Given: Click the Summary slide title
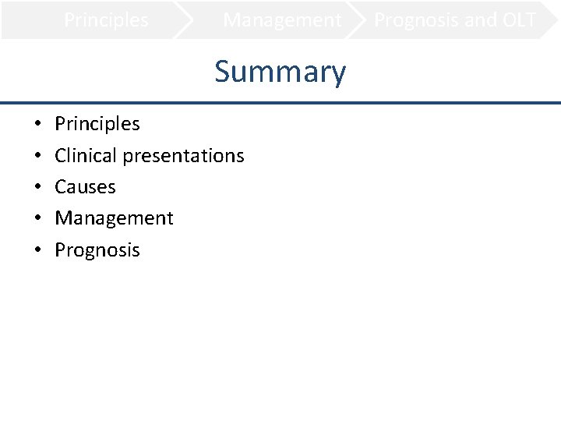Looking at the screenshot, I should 280,72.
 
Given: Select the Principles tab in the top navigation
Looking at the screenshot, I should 106,20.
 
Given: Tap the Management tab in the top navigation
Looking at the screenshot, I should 282,20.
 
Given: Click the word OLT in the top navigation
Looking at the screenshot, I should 514,20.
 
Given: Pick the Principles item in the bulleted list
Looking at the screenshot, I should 97,124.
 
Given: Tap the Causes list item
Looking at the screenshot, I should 85,187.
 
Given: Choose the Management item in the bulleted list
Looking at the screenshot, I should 114,218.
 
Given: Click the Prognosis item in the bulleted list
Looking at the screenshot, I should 97,250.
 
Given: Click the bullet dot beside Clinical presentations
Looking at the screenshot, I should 37,156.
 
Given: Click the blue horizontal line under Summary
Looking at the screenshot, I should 280,103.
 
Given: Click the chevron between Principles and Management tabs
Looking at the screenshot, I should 185,20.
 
